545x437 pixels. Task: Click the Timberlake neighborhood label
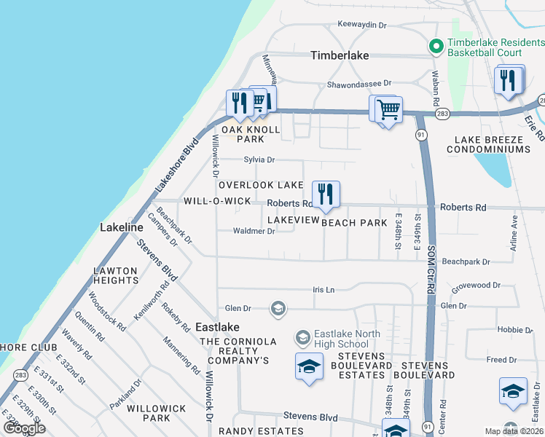pyautogui.click(x=340, y=55)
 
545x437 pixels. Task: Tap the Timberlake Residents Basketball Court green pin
pyautogui.click(x=436, y=47)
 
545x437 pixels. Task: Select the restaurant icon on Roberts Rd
pyautogui.click(x=326, y=194)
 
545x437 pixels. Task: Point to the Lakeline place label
pyautogui.click(x=121, y=228)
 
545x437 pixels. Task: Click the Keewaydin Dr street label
pyautogui.click(x=361, y=25)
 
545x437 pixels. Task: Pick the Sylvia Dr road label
pyautogui.click(x=259, y=160)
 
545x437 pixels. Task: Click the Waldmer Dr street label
pyautogui.click(x=254, y=232)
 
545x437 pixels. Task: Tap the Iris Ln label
pyautogui.click(x=323, y=290)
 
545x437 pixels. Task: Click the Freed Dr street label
pyautogui.click(x=501, y=360)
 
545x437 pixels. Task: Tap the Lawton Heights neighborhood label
pyautogui.click(x=115, y=275)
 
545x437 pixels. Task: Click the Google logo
pyautogui.click(x=24, y=428)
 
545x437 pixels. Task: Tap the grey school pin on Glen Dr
pyautogui.click(x=277, y=309)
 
